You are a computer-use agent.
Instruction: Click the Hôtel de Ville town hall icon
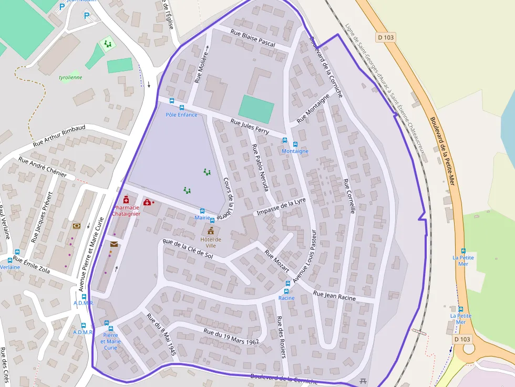[211, 231]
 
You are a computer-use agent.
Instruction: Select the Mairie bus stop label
[202, 217]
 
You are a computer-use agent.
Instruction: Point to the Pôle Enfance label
[181, 114]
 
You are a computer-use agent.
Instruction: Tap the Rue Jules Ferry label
[250, 127]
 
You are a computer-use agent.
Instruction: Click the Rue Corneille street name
[349, 196]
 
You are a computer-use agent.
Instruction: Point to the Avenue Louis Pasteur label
[305, 256]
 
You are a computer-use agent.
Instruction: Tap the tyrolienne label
[70, 77]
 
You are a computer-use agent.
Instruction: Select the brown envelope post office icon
[114, 244]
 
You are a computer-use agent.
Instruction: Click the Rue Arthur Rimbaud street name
[59, 136]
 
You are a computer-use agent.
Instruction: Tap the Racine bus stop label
[286, 298]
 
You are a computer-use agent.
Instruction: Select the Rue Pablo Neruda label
[260, 167]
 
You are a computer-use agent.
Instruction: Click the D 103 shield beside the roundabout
[462, 339]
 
